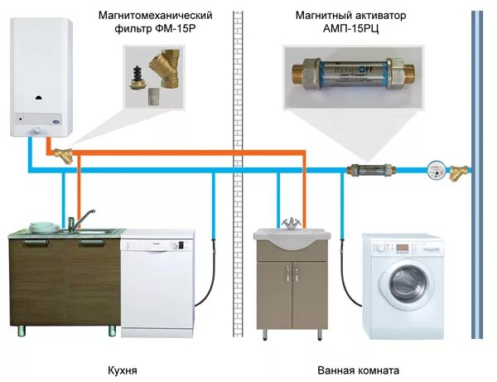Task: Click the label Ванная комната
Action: [x=358, y=370]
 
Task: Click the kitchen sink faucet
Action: [x=73, y=220]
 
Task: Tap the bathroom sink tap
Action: [x=292, y=224]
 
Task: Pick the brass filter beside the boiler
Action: [x=63, y=153]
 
